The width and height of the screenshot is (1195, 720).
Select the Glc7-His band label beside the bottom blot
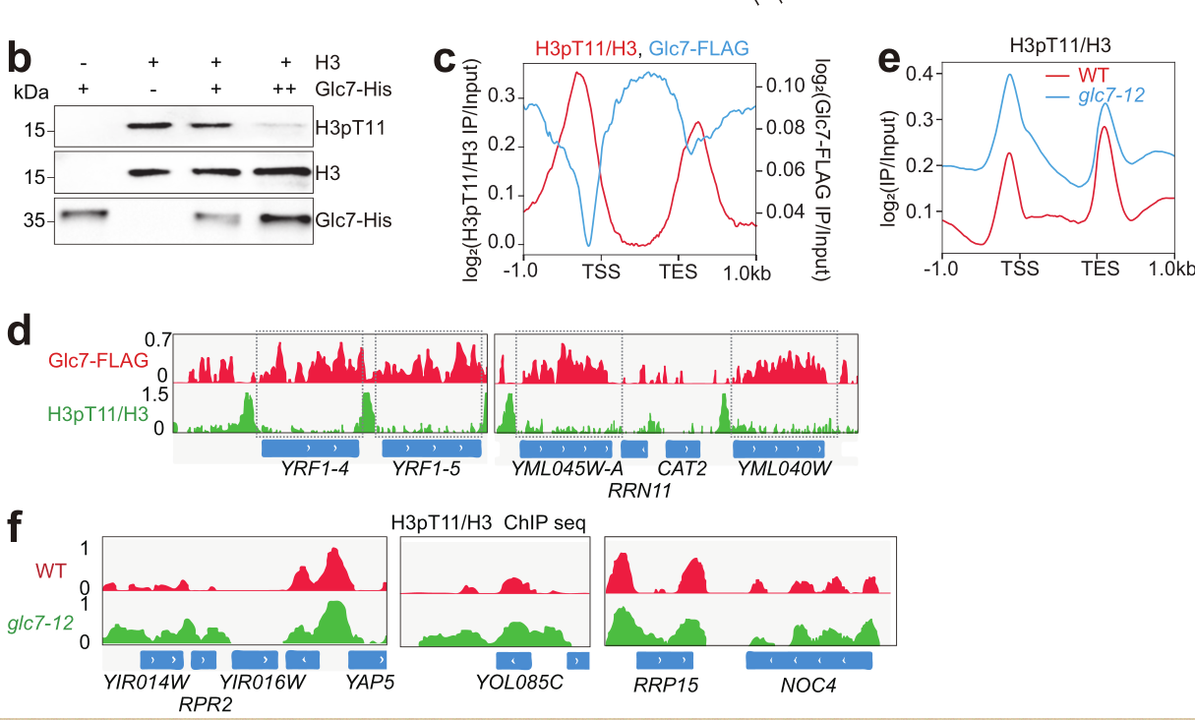[x=353, y=219]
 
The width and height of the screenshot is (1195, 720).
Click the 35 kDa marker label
[x=34, y=220]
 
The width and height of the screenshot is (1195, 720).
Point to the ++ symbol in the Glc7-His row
[x=285, y=90]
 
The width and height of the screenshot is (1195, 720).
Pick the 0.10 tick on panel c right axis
[x=786, y=85]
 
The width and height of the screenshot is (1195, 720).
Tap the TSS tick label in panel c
[x=601, y=270]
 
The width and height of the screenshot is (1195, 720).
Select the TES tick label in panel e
[x=1100, y=269]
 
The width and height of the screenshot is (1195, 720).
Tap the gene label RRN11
[x=640, y=488]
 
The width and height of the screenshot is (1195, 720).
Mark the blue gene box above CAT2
[x=683, y=448]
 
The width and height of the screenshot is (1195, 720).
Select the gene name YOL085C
[x=519, y=681]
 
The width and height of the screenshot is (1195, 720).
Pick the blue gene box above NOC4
[x=808, y=659]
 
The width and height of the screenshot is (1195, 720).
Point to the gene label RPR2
[x=206, y=703]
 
